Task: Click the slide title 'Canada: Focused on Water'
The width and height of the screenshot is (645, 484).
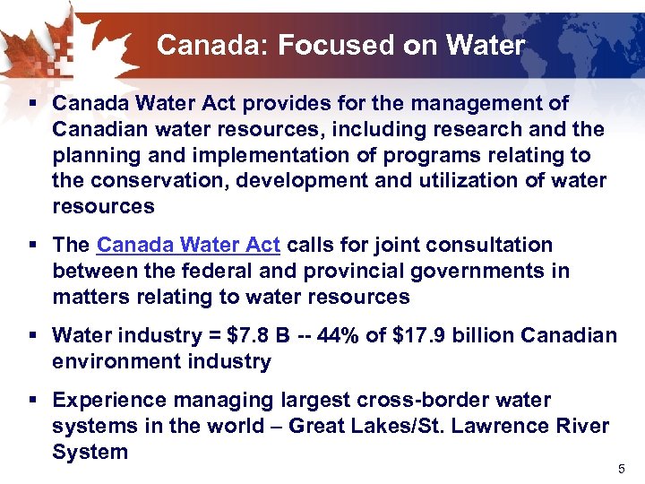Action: (x=340, y=45)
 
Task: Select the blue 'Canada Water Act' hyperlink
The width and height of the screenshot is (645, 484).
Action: (x=188, y=245)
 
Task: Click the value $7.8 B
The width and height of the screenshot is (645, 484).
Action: (x=259, y=335)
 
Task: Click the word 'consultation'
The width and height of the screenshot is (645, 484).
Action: (x=487, y=245)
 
